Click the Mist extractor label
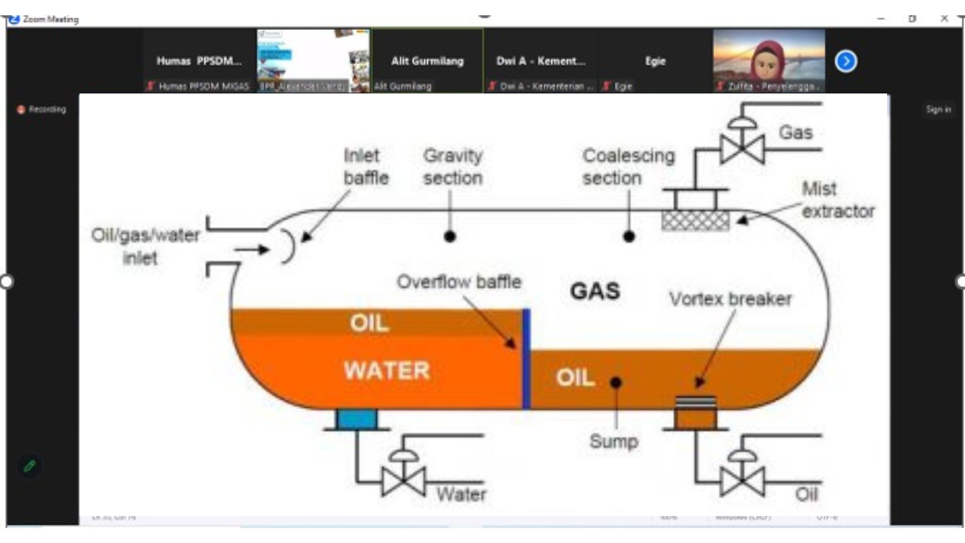pyautogui.click(x=837, y=200)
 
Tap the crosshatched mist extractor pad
pyautogui.click(x=695, y=220)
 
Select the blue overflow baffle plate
pyautogui.click(x=526, y=359)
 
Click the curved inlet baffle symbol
pyautogui.click(x=288, y=246)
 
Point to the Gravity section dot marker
pyautogui.click(x=450, y=236)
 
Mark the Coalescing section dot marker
pyautogui.click(x=629, y=236)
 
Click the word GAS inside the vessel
pyautogui.click(x=595, y=291)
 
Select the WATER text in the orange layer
pyautogui.click(x=387, y=371)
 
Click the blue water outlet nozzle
pyautogui.click(x=357, y=419)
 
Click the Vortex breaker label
pyautogui.click(x=730, y=299)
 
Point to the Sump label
pyautogui.click(x=614, y=441)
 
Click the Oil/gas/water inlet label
pyautogui.click(x=145, y=246)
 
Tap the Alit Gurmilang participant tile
pyautogui.click(x=427, y=61)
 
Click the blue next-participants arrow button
pyautogui.click(x=846, y=61)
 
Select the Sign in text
pyautogui.click(x=938, y=109)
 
